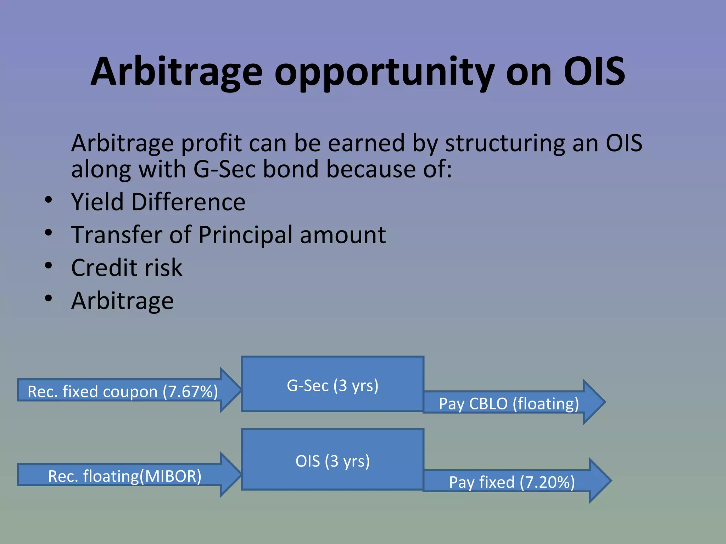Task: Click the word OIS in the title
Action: [594, 72]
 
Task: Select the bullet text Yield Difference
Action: [158, 202]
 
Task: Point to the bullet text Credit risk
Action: [127, 268]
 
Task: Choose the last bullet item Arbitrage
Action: [122, 301]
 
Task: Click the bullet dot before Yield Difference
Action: [49, 200]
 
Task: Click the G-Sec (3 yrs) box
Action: [333, 384]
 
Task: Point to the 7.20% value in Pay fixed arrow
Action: [547, 482]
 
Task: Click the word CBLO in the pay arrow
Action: [488, 404]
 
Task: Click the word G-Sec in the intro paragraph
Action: [224, 169]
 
